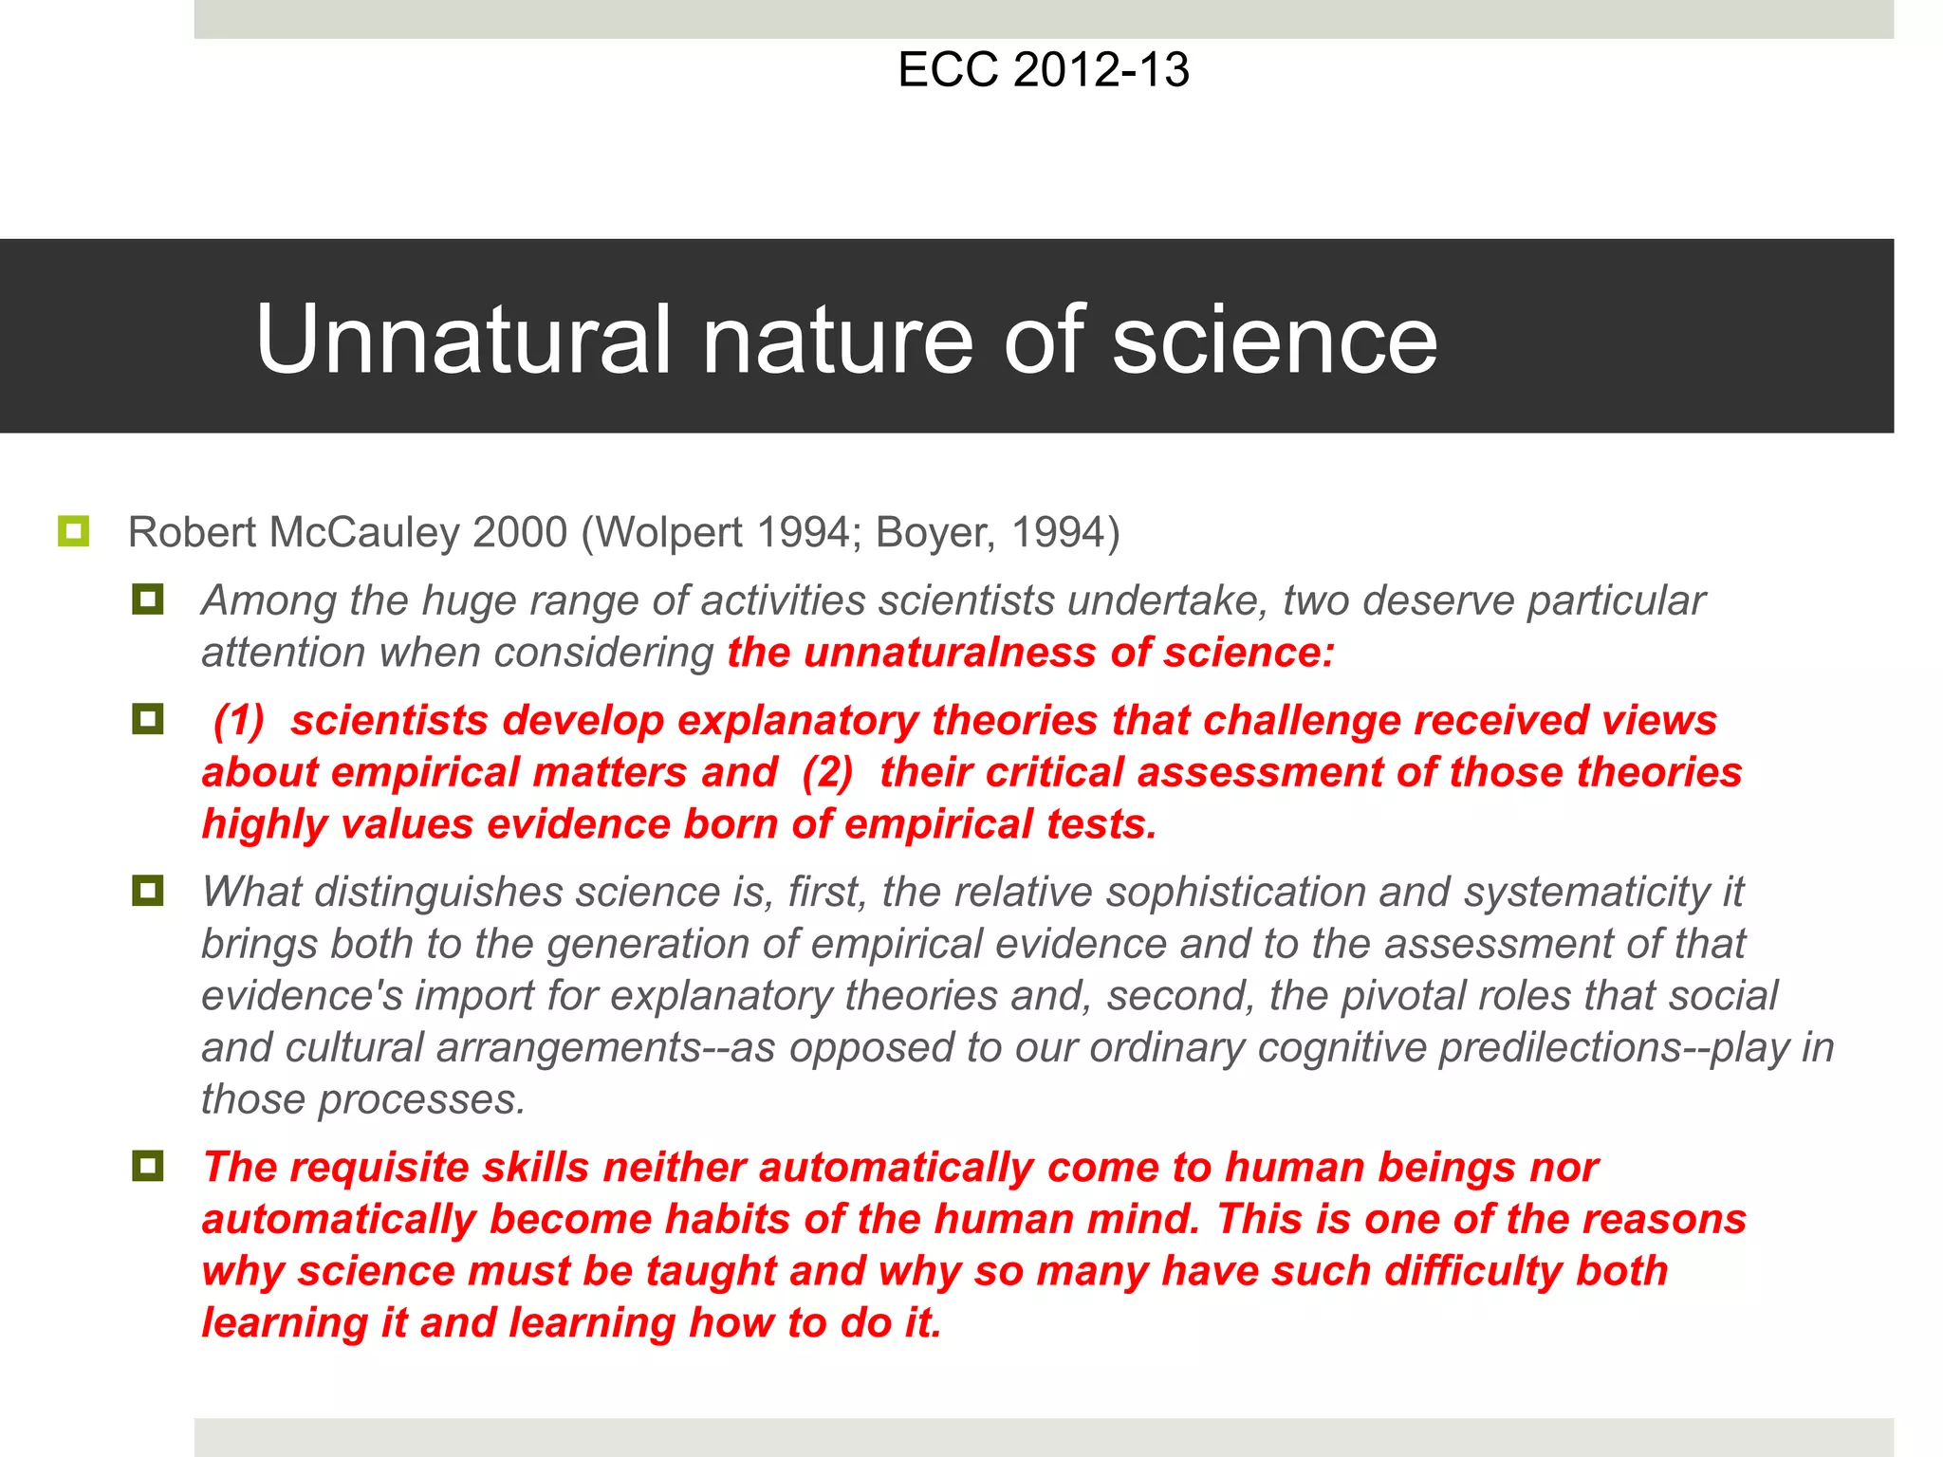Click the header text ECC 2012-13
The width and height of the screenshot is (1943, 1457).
tap(1043, 70)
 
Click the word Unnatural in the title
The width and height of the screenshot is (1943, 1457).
tap(464, 340)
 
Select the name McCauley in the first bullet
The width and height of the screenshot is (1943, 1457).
tap(365, 532)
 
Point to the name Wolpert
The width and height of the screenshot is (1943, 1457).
tap(669, 532)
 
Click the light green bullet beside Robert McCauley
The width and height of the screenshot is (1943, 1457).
tap(73, 531)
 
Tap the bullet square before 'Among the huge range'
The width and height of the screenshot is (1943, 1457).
tap(148, 599)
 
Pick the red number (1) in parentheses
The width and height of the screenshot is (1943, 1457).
tap(238, 720)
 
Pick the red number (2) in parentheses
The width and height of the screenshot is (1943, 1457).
tap(827, 772)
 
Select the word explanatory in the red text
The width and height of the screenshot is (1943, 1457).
tap(797, 720)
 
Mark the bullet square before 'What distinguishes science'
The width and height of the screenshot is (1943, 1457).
tap(148, 891)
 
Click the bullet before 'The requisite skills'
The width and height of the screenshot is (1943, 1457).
tap(148, 1166)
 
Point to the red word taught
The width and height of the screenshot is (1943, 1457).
tap(710, 1271)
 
